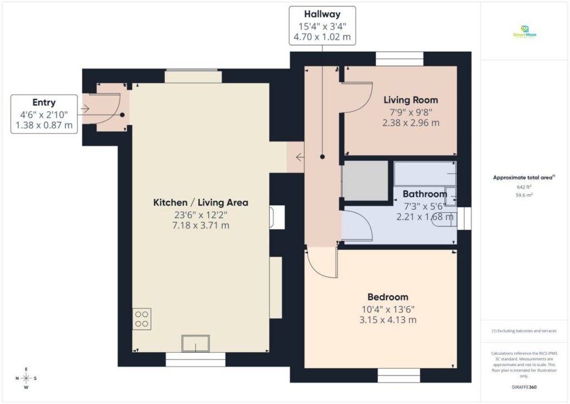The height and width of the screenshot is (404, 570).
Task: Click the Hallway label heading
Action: (322, 14)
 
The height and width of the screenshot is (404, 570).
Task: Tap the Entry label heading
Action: (44, 102)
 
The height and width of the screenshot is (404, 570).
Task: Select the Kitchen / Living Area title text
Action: (200, 202)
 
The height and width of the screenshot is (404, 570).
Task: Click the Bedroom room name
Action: (387, 297)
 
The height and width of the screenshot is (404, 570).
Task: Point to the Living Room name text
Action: (411, 100)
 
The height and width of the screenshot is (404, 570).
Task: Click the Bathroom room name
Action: (425, 194)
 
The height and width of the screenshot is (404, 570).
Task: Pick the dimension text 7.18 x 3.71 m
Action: (200, 226)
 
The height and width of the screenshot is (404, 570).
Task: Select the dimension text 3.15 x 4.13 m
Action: (388, 320)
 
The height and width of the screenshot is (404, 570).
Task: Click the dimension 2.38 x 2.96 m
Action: (411, 123)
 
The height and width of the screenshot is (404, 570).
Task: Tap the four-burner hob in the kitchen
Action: (141, 318)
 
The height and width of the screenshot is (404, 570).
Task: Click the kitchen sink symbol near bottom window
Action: (195, 343)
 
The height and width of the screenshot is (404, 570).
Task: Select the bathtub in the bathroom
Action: (425, 174)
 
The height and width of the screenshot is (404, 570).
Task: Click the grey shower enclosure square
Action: (365, 181)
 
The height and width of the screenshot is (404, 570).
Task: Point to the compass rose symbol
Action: (26, 378)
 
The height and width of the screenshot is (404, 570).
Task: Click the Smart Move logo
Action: (524, 32)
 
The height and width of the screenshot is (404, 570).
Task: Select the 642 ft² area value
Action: (524, 187)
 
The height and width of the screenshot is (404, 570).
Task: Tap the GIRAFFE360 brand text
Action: (524, 387)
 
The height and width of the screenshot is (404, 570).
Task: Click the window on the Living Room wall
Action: (399, 59)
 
